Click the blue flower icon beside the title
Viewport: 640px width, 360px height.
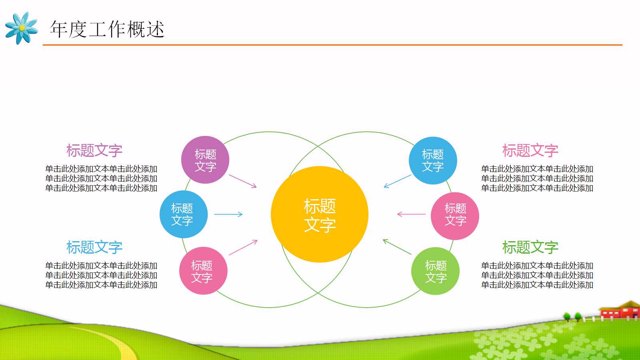(22, 28)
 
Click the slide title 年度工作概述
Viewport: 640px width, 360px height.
(107, 29)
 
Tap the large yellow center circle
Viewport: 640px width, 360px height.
(319, 214)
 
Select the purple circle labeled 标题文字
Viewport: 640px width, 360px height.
(205, 160)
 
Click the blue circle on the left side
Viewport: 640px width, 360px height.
(183, 214)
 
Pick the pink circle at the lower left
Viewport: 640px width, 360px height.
(203, 271)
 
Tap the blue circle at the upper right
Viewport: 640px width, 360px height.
(433, 160)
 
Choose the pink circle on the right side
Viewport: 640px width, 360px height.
(455, 216)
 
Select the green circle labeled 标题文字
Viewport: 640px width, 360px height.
(435, 271)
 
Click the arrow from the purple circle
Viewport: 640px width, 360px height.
(242, 181)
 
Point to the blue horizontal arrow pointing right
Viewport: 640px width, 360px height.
(228, 214)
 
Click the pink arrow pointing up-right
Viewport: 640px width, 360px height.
(243, 247)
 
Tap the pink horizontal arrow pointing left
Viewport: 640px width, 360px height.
(411, 214)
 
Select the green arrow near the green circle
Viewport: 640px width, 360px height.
(397, 247)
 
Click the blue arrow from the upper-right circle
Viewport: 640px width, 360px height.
(398, 181)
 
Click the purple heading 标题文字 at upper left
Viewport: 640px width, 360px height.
(94, 150)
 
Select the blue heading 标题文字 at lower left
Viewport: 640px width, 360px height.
(94, 247)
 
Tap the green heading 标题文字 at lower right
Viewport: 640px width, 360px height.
(530, 247)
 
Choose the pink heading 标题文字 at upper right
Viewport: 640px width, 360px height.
(530, 150)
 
